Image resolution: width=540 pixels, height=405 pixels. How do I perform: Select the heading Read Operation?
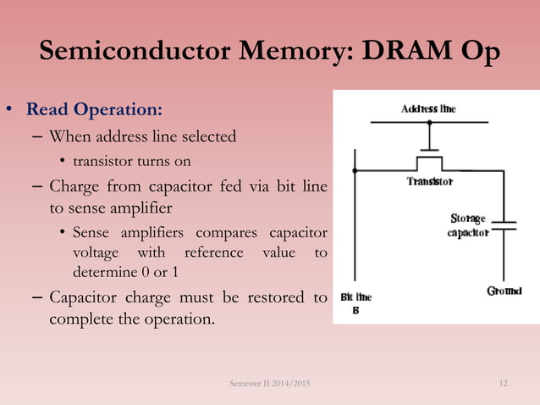click(95, 111)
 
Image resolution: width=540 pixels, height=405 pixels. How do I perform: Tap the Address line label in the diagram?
click(428, 109)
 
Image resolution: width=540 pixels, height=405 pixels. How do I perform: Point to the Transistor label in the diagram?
click(429, 181)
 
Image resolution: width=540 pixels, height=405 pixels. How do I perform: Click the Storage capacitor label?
click(468, 226)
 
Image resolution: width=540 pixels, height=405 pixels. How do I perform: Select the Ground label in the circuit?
click(504, 291)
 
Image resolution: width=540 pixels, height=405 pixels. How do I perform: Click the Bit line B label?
click(355, 303)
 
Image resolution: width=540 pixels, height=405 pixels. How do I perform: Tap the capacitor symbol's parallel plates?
click(504, 227)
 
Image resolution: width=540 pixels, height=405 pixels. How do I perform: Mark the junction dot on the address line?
click(429, 123)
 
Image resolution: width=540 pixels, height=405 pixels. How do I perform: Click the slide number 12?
click(504, 386)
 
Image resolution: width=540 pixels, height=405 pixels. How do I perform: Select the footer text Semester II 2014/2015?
click(270, 386)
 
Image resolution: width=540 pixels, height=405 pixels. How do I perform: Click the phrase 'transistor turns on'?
click(131, 161)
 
